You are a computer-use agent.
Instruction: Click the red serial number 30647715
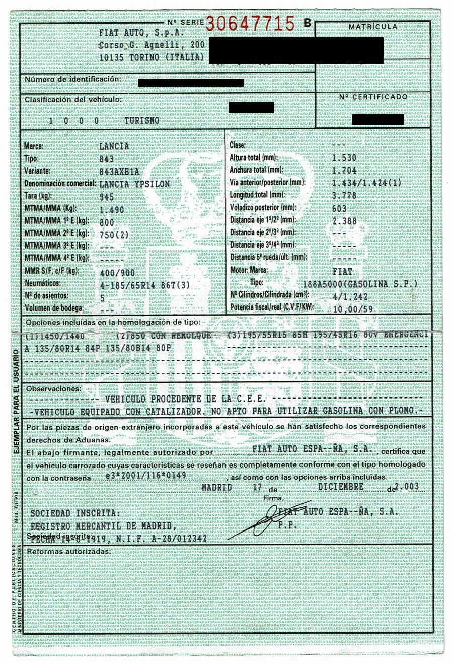250,23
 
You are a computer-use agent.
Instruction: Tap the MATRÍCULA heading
372,26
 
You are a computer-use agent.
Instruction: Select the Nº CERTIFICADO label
373,97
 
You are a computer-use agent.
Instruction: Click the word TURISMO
142,121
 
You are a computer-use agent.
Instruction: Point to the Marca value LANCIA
115,146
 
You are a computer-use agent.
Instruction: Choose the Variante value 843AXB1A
120,171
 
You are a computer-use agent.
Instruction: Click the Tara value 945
107,197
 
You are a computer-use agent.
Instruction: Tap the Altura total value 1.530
345,158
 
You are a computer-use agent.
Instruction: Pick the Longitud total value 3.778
345,195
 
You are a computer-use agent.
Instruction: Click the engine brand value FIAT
342,271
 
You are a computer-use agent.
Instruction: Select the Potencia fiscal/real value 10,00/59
353,309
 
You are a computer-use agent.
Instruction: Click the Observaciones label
53,388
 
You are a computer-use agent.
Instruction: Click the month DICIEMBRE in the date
341,487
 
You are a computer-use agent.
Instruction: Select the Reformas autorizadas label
68,551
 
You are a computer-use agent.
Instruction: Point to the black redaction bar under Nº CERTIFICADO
377,119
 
